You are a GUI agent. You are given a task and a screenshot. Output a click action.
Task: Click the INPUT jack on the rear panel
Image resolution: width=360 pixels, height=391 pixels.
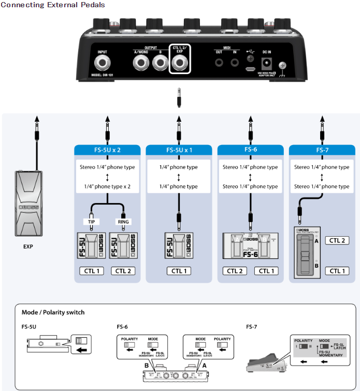point(103,65)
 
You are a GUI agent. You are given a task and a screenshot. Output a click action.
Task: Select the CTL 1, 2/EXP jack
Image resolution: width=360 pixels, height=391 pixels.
point(180,64)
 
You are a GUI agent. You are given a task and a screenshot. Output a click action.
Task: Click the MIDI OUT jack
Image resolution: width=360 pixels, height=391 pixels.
point(220,63)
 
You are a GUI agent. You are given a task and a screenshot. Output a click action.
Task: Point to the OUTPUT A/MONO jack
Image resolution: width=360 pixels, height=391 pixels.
point(140,64)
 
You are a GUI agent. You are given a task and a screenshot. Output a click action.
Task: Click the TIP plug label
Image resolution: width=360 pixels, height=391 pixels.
point(91,222)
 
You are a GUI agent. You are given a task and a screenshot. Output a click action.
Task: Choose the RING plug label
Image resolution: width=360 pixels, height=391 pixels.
point(123,222)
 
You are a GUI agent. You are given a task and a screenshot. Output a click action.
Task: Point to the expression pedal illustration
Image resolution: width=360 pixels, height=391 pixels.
point(28,204)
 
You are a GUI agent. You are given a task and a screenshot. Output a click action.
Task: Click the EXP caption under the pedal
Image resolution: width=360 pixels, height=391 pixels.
point(28,247)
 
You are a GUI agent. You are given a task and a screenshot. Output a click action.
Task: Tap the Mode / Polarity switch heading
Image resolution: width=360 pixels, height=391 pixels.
point(53,312)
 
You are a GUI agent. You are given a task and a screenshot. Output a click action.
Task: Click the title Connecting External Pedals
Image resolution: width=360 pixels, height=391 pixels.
point(53,5)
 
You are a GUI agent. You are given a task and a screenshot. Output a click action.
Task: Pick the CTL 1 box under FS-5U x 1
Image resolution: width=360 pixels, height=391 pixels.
point(179,271)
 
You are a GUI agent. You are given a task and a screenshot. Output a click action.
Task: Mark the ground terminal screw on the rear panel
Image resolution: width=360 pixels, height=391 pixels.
point(283,66)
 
